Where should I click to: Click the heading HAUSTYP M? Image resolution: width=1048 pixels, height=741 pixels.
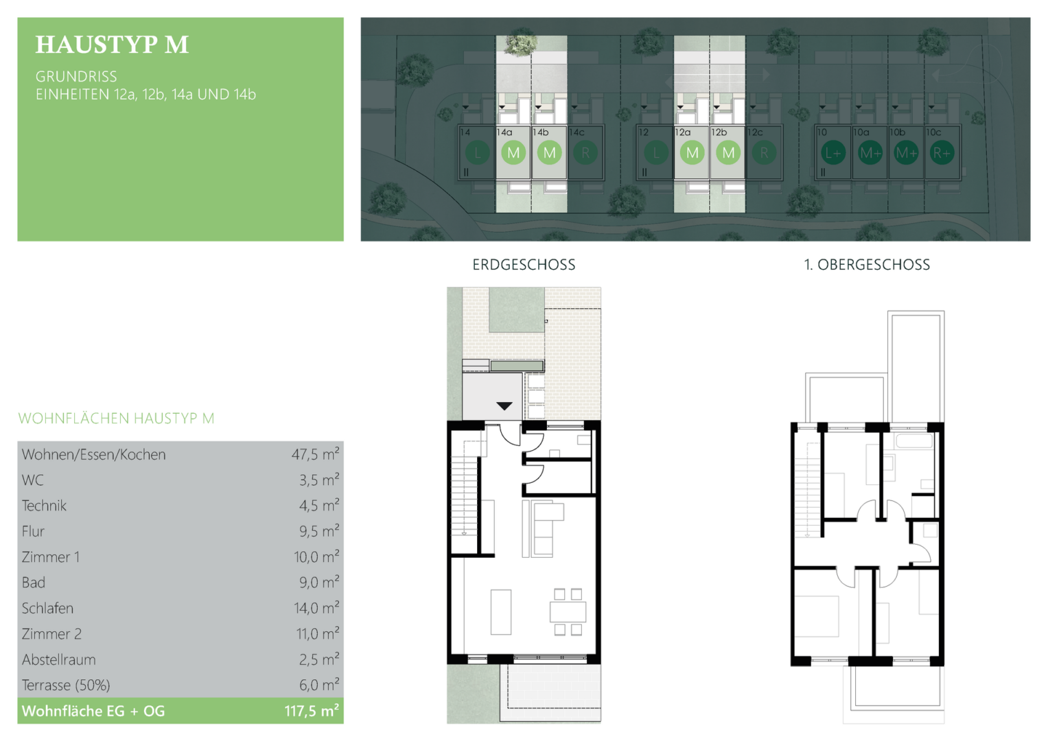(112, 45)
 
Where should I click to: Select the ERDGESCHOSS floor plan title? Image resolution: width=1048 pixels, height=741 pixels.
(524, 265)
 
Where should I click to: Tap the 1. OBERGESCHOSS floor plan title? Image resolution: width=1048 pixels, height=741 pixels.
(867, 265)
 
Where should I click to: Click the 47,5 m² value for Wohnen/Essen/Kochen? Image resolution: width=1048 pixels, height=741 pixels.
(315, 454)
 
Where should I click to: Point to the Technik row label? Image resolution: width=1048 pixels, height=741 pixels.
(44, 506)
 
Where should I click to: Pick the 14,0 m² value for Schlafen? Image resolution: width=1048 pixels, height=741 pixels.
(316, 608)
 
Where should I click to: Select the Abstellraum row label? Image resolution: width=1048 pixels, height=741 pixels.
(58, 659)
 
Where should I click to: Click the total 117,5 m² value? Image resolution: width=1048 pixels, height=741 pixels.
(312, 711)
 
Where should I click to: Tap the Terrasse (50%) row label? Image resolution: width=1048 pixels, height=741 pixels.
(66, 685)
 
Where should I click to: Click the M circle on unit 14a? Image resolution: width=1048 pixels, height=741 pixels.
(513, 152)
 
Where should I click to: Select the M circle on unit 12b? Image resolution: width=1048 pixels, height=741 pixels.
(728, 152)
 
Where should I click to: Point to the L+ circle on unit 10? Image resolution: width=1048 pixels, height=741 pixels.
(833, 152)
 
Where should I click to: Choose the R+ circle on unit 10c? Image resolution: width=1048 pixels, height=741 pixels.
(942, 152)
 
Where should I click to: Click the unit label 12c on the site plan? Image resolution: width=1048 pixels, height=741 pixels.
(755, 132)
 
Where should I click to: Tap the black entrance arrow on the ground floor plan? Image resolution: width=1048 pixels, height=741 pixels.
(504, 405)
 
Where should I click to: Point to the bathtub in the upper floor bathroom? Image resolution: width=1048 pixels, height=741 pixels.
(914, 440)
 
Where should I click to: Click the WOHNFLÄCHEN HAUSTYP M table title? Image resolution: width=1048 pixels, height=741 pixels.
(116, 419)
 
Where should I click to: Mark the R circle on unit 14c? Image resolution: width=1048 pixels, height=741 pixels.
(585, 152)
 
